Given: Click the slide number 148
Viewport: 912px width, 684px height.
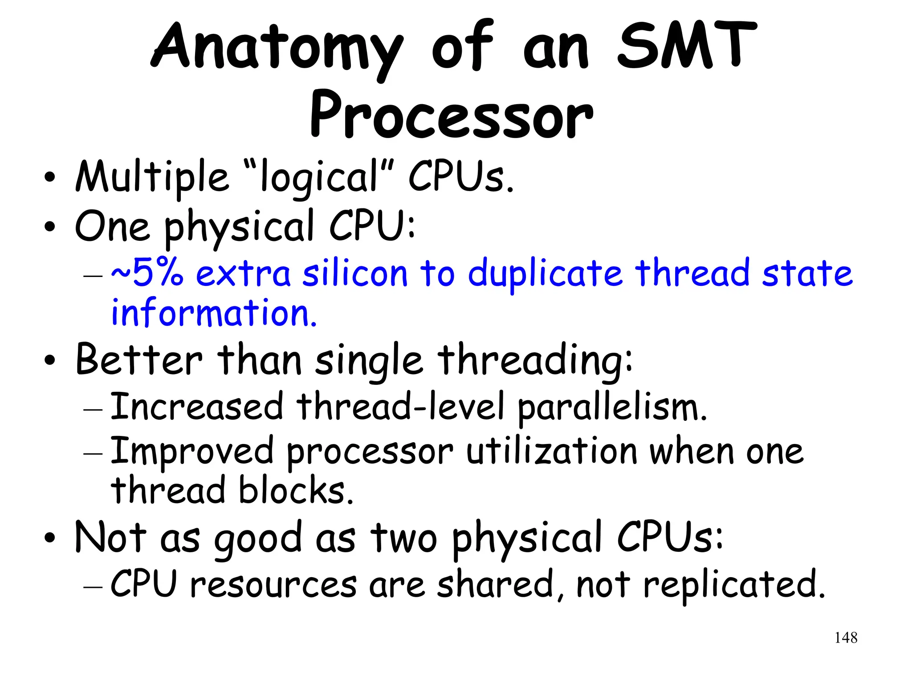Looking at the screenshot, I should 846,638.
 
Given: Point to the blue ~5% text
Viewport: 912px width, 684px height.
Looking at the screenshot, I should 147,273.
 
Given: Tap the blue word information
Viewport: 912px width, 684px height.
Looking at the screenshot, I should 214,313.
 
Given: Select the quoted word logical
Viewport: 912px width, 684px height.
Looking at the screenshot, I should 319,177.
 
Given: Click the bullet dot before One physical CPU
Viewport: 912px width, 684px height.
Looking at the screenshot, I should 50,228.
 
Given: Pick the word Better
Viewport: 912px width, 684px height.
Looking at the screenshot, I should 138,360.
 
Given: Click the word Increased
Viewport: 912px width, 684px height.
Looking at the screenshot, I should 196,406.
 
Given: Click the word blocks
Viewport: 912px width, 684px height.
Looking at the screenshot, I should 296,490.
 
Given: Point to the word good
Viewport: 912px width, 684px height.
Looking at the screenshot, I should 258,539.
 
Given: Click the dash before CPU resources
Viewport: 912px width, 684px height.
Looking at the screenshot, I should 93,587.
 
